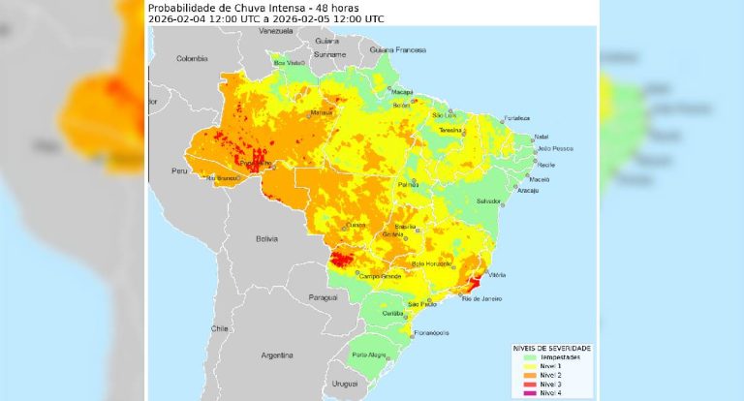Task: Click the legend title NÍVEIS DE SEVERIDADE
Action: tap(551, 348)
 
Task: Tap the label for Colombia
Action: tap(192, 58)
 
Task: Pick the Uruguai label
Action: tap(345, 385)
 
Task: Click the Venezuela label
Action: tap(275, 32)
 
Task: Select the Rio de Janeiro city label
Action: tap(481, 298)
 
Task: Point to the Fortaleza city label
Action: tap(516, 118)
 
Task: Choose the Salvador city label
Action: tap(488, 200)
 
